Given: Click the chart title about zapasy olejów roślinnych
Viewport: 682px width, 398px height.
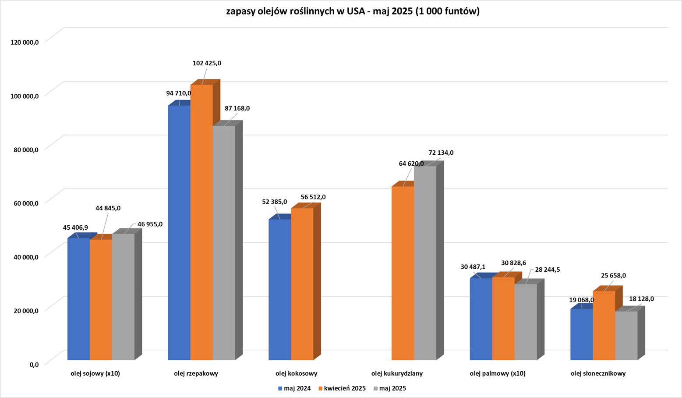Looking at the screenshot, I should pyautogui.click(x=353, y=11).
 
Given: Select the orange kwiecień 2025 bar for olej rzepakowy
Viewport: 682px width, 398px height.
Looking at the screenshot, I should pyautogui.click(x=201, y=219).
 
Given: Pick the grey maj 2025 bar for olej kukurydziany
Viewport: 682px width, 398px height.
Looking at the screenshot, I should pyautogui.click(x=425, y=263).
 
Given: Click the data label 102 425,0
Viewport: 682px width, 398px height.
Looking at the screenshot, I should pyautogui.click(x=207, y=63).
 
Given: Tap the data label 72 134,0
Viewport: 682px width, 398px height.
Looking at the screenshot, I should pyautogui.click(x=441, y=153).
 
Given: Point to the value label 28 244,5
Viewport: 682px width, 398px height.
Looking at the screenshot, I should pyautogui.click(x=547, y=270).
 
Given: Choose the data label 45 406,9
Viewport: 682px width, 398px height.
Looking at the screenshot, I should pyautogui.click(x=75, y=227).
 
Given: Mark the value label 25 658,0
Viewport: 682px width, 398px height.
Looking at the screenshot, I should pyautogui.click(x=613, y=276).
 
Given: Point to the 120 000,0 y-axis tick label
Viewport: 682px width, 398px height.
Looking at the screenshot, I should pyautogui.click(x=22, y=42).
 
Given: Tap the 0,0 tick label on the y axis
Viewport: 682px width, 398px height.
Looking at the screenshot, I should pyautogui.click(x=34, y=364).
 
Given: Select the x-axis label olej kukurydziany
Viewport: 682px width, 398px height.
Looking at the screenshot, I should pyautogui.click(x=397, y=373).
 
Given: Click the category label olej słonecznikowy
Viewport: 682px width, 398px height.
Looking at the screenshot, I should pyautogui.click(x=598, y=373).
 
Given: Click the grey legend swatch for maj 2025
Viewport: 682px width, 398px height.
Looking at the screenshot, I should pyautogui.click(x=376, y=388).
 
